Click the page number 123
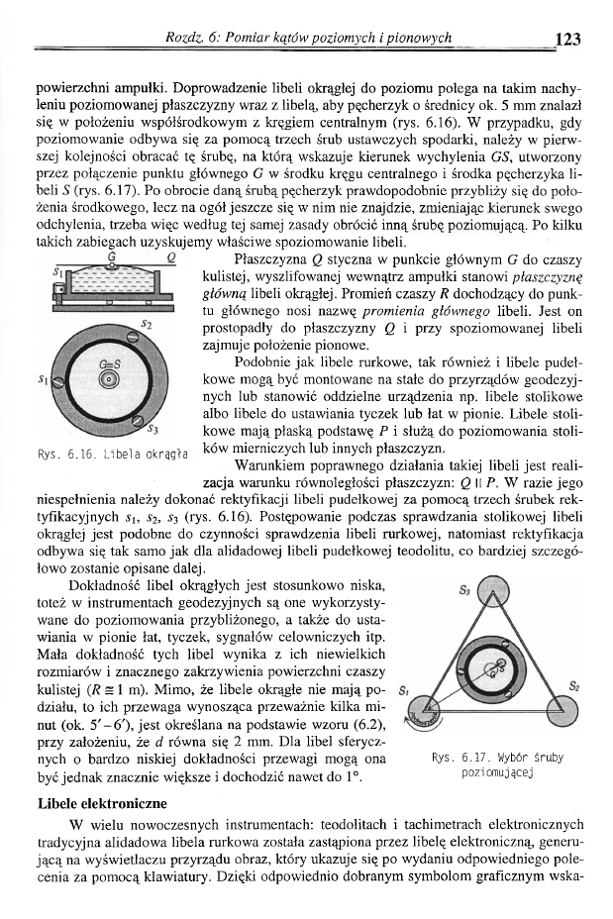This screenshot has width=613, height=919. pos(567,40)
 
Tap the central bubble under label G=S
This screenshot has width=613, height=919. pos(110,379)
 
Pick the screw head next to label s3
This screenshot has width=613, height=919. pos(138,420)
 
